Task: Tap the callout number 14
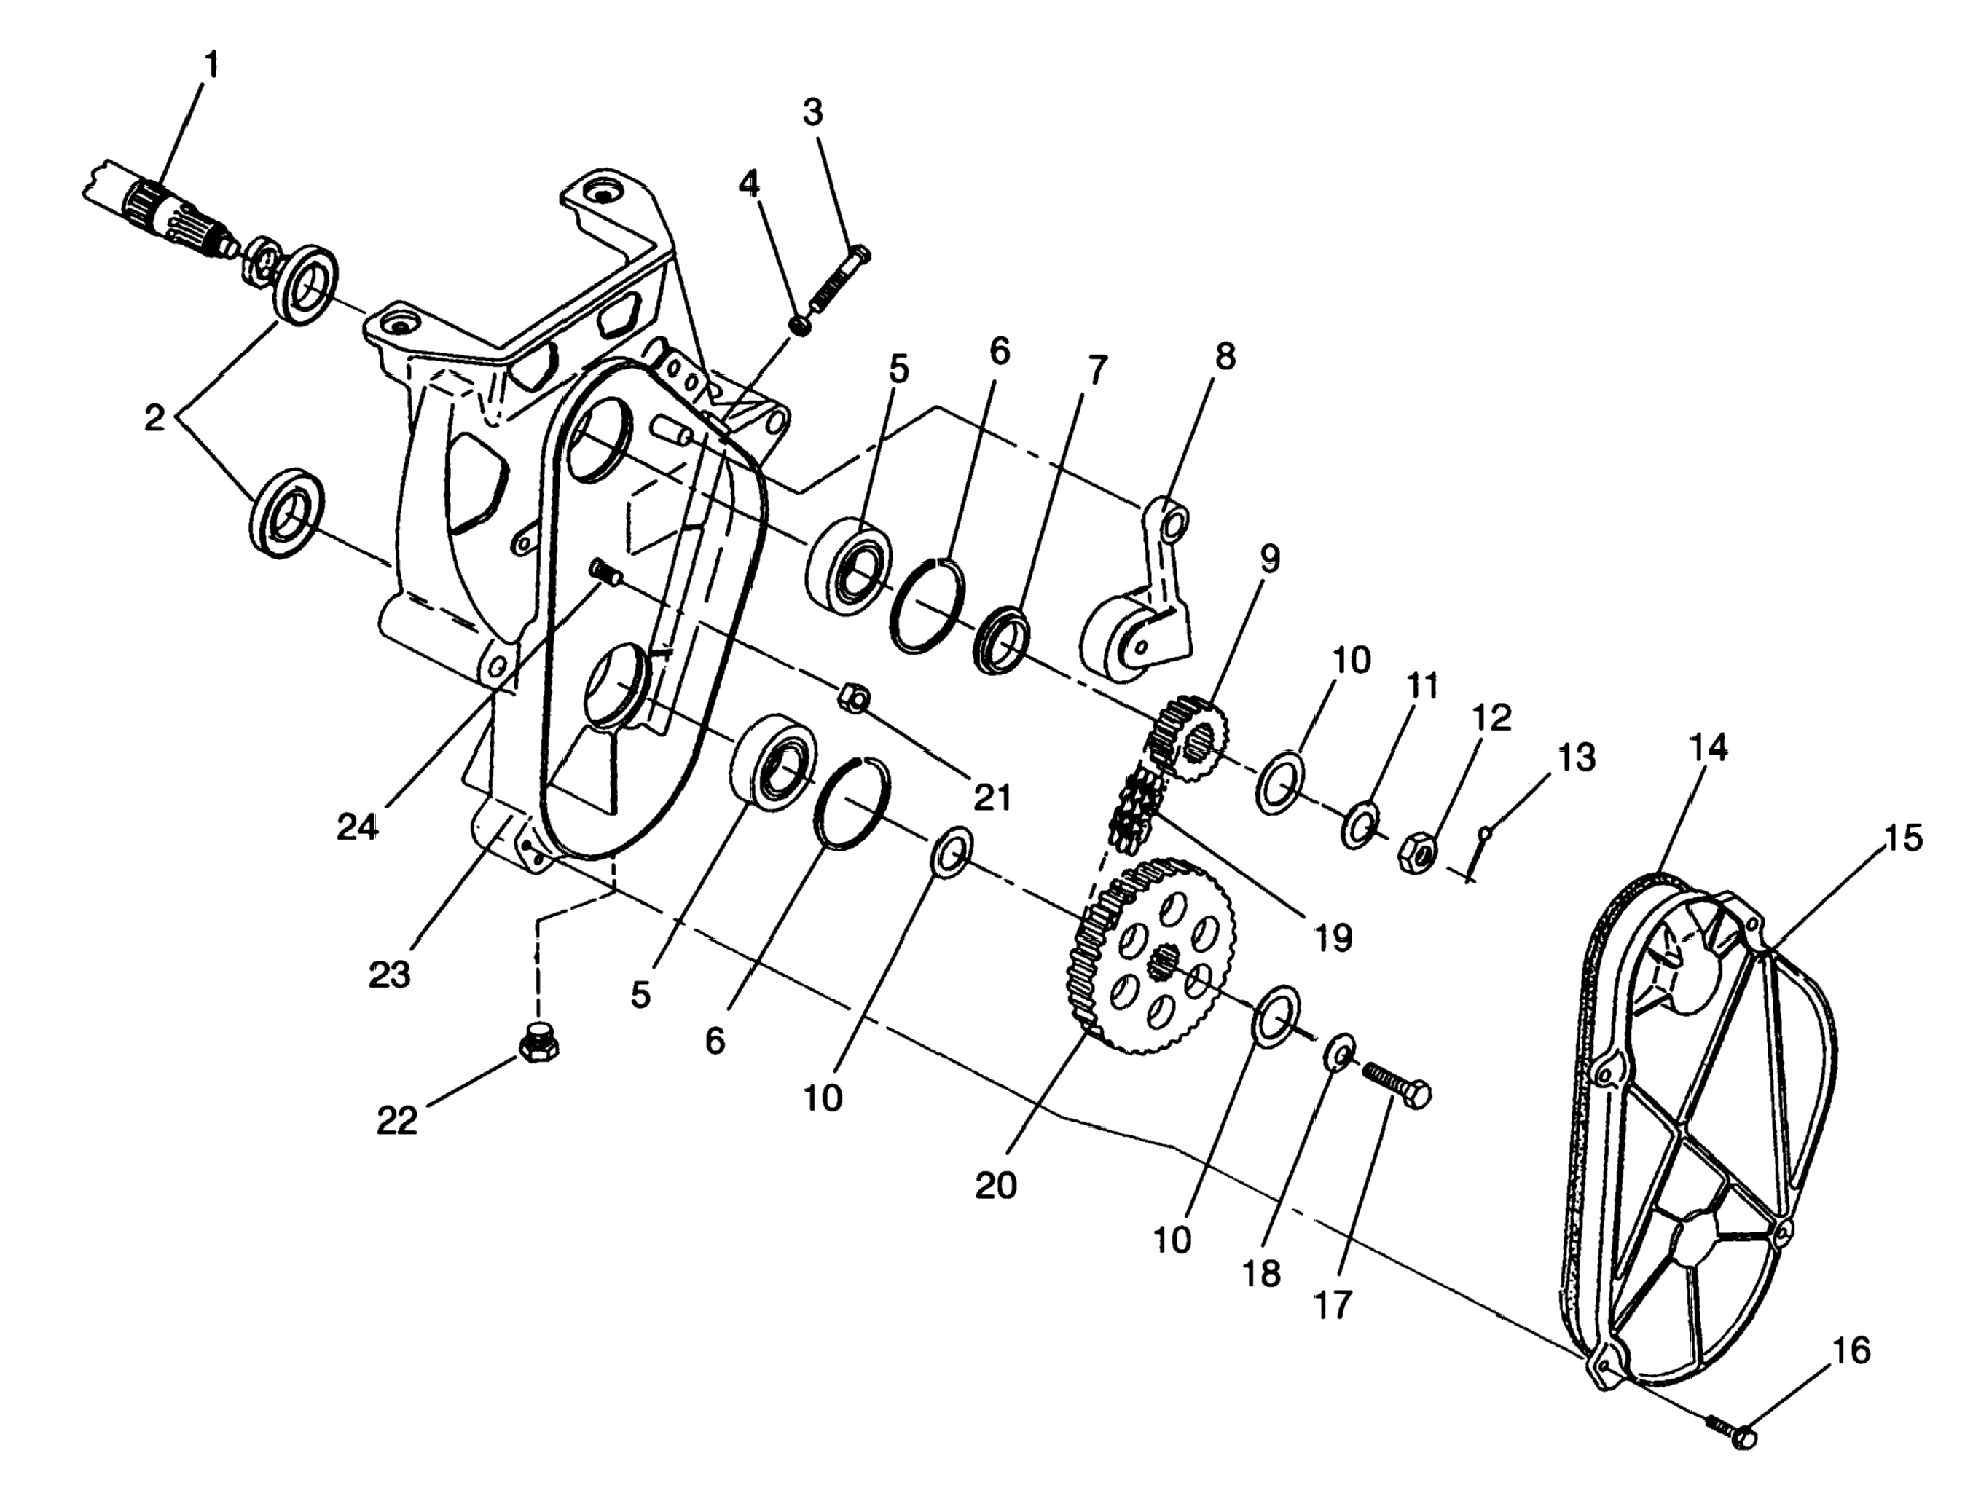coord(1709,747)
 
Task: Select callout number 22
coord(397,1120)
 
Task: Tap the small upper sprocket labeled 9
coord(1189,739)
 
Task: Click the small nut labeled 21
coord(852,698)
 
